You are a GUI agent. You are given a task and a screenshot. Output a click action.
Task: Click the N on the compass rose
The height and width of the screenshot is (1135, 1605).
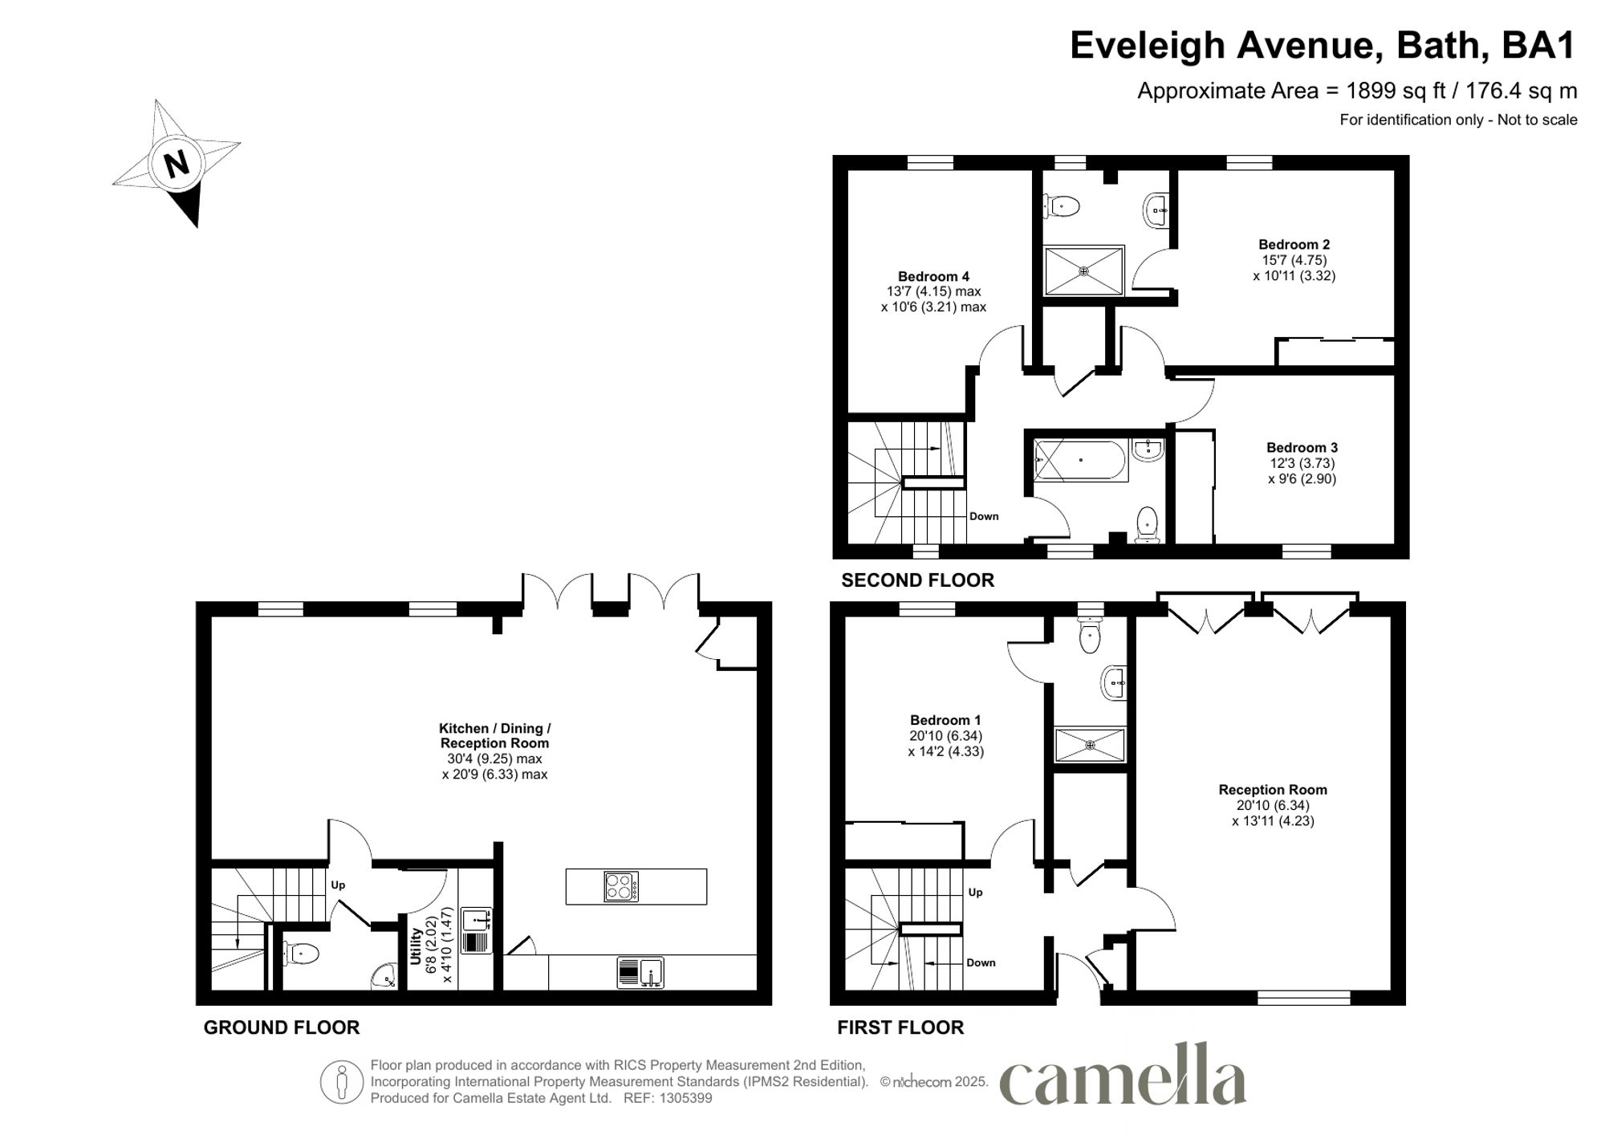coord(177,164)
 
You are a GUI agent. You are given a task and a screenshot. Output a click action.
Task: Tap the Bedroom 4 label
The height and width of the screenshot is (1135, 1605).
coord(933,276)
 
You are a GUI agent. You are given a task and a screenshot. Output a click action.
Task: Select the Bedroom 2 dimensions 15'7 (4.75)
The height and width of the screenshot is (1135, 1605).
coord(1294,260)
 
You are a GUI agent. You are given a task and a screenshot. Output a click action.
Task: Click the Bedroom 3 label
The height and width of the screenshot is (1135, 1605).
coord(1302,448)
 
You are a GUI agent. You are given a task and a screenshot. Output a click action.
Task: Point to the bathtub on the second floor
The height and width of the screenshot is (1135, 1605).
coord(1080,461)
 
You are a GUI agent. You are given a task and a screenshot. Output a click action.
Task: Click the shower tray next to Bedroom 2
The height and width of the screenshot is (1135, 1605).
coord(1083,271)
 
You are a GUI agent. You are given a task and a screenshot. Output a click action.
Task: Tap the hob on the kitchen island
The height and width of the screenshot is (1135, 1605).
coord(621,886)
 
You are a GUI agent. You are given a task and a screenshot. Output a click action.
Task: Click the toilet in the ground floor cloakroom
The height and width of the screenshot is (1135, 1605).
coord(303,954)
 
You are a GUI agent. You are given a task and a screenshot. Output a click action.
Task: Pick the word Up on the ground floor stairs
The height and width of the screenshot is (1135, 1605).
coord(338,885)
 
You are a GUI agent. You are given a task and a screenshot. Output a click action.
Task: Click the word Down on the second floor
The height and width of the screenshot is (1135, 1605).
coord(984,516)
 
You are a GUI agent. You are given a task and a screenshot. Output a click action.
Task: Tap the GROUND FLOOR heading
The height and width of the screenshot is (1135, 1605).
coord(281,1027)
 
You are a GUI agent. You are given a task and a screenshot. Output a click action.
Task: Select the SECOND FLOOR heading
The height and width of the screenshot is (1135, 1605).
coord(917,580)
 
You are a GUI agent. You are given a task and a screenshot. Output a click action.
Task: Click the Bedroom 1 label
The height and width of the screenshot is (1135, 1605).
coord(945,720)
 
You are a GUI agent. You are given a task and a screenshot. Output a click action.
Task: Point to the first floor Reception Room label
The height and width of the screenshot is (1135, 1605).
coord(1272,790)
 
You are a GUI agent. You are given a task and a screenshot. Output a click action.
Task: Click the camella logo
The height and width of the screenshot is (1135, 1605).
coord(1123,1076)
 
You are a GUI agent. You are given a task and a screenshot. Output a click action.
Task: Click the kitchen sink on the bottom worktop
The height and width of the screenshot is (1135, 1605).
coord(640,973)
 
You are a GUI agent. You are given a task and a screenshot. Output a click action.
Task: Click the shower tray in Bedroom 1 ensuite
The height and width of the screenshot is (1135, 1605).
coord(1090,745)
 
